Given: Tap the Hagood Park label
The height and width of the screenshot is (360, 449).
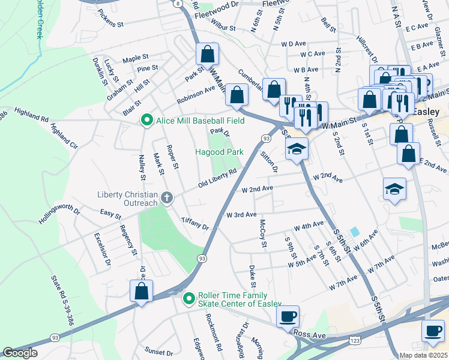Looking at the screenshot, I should pyautogui.click(x=219, y=152).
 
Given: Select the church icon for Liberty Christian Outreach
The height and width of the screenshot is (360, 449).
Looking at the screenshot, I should pyautogui.click(x=167, y=197).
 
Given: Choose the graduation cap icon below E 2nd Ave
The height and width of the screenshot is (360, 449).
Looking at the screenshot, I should pyautogui.click(x=395, y=189).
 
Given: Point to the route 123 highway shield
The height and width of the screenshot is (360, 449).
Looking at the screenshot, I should pyautogui.click(x=354, y=341).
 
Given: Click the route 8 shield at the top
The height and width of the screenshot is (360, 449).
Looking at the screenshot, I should pyautogui.click(x=178, y=4).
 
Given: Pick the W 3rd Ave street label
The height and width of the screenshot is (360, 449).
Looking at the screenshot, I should pyautogui.click(x=241, y=214).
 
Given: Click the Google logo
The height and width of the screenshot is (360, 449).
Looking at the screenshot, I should pyautogui.click(x=20, y=353).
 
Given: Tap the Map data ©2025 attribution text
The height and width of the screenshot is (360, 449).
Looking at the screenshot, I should pyautogui.click(x=423, y=355).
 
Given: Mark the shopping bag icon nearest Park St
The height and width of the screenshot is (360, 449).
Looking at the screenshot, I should pyautogui.click(x=207, y=55).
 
